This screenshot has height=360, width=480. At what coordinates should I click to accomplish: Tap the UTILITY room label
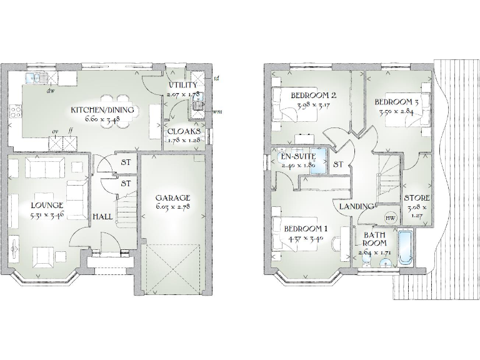182,85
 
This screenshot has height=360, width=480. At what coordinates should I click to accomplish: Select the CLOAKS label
184,132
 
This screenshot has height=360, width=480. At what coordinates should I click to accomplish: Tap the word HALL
103,216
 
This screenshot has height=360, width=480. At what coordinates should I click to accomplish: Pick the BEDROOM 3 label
396,102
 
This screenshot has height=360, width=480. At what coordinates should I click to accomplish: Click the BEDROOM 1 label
305,229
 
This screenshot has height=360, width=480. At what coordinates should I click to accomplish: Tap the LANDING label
357,206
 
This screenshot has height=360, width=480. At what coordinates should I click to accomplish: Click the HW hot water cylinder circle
390,217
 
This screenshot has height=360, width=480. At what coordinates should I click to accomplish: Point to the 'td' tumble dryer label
216,79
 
